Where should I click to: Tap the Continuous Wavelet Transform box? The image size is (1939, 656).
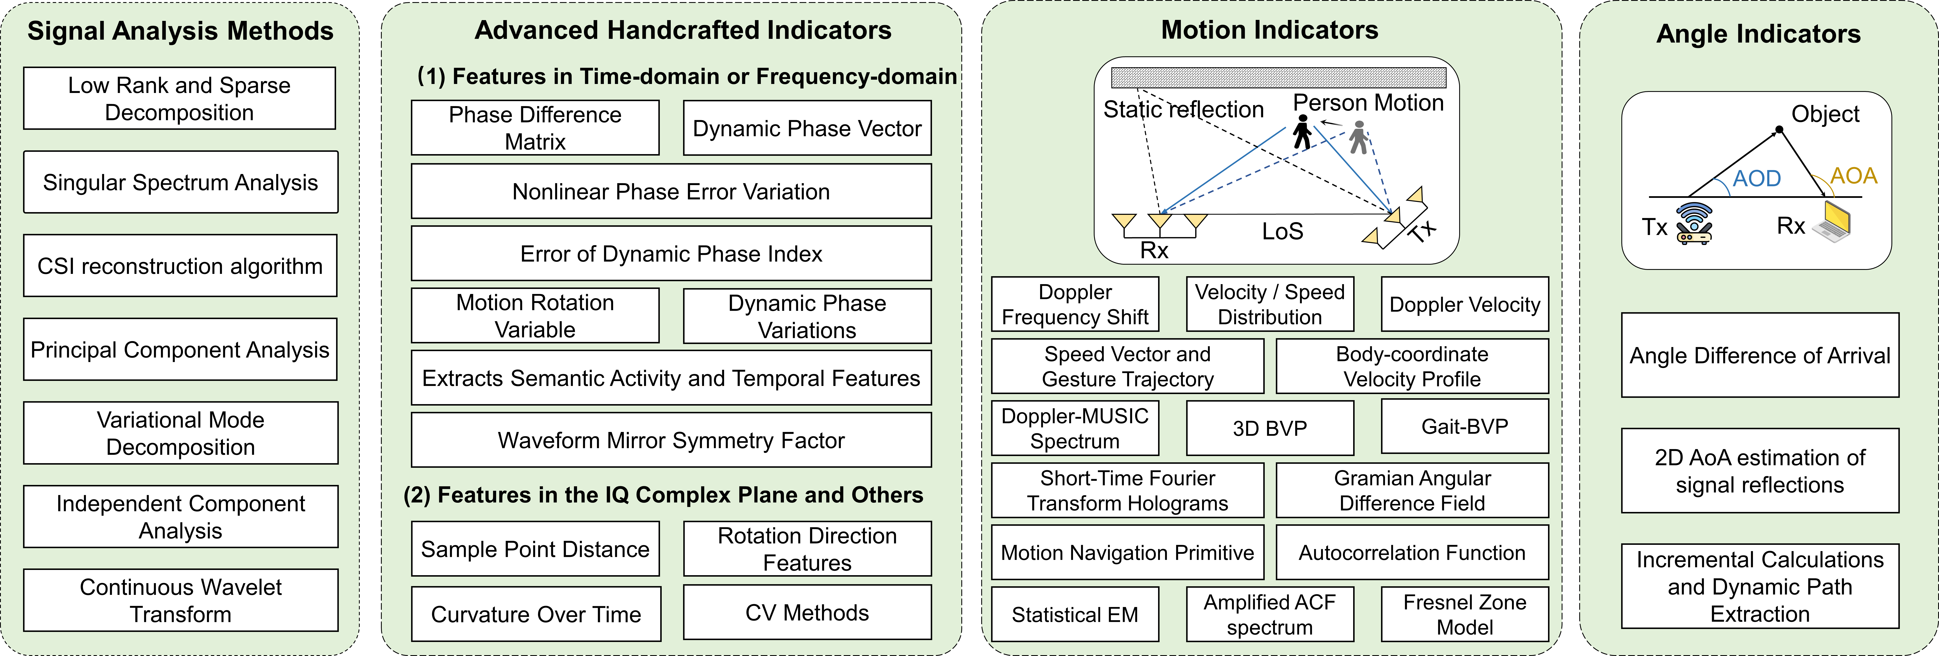coord(181,600)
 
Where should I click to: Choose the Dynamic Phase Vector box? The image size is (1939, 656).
coord(807,129)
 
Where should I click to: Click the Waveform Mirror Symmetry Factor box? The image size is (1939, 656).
coord(671,440)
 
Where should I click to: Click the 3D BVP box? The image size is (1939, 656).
coord(1270,428)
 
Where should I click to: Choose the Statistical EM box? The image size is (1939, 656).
coord(1075,615)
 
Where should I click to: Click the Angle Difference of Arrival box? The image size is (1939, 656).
coord(1760,355)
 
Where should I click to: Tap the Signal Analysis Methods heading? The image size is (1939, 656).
coord(181,31)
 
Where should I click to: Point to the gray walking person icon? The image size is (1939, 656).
coord(1358,138)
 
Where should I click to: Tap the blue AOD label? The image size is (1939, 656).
coord(1757,178)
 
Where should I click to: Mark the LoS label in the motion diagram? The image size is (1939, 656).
coord(1283,231)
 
